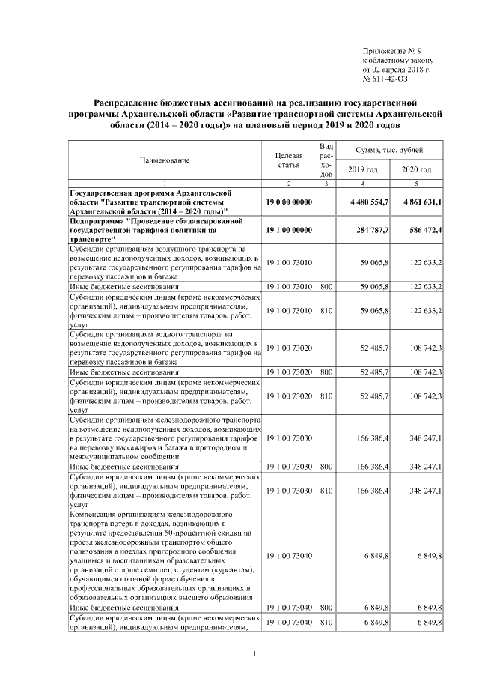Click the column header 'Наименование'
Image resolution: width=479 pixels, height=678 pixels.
pos(164,160)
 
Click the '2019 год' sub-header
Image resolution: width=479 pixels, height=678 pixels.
pos(362,170)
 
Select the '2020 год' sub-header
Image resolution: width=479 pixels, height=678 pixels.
pos(416,170)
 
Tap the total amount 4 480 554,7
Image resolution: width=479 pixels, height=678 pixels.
pos(363,202)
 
